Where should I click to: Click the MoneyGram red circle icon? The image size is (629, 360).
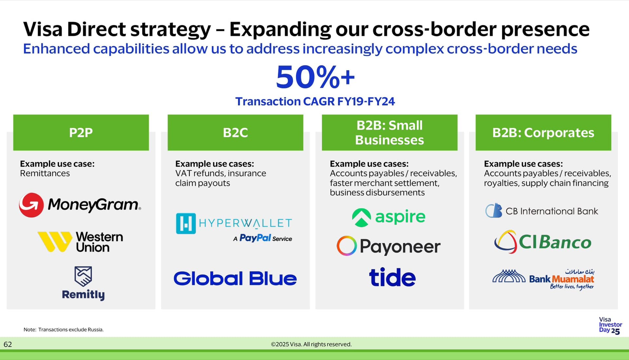(x=31, y=205)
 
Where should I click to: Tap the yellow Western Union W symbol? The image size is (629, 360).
(x=55, y=242)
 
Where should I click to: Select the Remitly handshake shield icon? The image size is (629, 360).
(x=83, y=276)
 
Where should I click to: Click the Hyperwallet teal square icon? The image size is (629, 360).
(x=186, y=223)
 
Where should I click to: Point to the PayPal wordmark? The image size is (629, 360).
(x=255, y=238)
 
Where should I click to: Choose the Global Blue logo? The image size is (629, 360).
(x=235, y=278)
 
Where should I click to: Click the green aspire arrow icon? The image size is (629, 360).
(x=361, y=218)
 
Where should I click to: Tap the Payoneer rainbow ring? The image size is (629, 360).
(x=347, y=246)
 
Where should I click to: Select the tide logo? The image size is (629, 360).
(x=392, y=277)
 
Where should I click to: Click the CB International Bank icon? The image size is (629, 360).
(x=494, y=211)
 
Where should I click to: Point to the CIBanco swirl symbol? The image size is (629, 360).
(x=505, y=242)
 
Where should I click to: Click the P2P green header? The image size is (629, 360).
(x=81, y=132)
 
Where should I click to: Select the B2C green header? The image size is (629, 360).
(x=235, y=132)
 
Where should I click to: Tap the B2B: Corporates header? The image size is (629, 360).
(x=543, y=132)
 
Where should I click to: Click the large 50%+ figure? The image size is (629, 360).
(x=315, y=77)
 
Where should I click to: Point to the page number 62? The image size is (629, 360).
(x=8, y=344)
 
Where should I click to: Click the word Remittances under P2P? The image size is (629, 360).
(x=45, y=173)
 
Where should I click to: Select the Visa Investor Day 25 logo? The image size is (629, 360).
(x=610, y=326)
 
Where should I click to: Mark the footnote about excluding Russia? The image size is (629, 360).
(x=64, y=330)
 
